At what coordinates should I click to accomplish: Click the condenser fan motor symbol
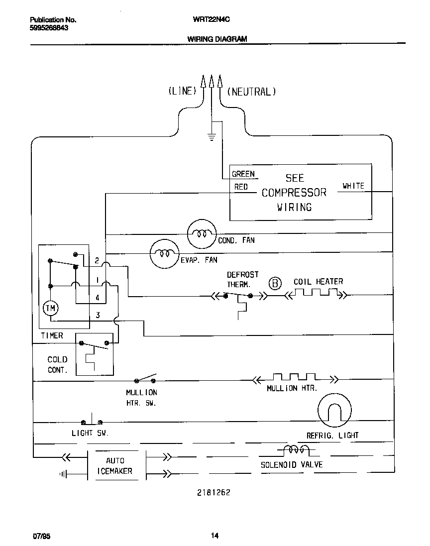coord(202,233)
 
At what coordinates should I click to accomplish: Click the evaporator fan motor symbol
coord(165,253)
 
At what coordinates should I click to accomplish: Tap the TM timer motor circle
coord(50,309)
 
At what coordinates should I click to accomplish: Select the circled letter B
coord(275,284)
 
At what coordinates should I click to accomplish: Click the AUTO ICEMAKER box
coord(116,466)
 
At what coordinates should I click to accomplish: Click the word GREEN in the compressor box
coord(243,174)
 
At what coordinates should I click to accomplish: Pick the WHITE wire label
coord(353,186)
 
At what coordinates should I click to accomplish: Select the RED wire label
coord(241,187)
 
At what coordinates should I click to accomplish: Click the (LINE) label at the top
coord(182,92)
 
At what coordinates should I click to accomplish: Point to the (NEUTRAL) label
coord(251,92)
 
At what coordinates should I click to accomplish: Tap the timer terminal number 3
coord(98,315)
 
